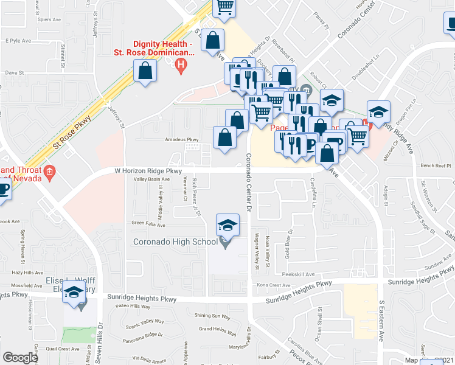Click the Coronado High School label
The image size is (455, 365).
(176, 242)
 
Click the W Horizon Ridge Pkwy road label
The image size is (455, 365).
(148, 172)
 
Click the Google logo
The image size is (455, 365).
(20, 357)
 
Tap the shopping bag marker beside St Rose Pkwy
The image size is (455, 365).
(146, 72)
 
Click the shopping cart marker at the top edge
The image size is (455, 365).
(224, 7)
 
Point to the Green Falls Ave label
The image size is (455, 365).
(147, 223)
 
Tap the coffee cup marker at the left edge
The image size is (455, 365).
(4, 188)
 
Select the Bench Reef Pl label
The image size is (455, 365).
(435, 165)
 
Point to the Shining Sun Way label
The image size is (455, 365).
(212, 316)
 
